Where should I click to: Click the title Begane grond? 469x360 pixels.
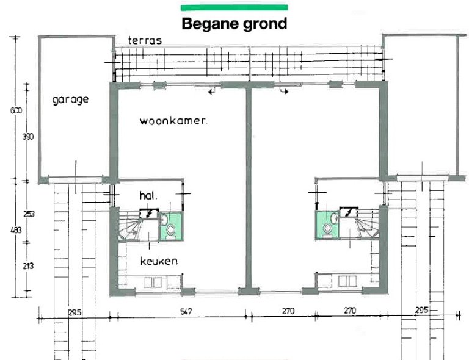234,24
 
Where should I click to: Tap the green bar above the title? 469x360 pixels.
234,7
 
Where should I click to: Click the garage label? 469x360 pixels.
71,99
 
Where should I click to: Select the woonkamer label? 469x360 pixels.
173,121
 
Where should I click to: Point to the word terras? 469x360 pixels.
145,40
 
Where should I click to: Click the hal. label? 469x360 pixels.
148,196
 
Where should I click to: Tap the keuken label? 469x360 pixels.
158,261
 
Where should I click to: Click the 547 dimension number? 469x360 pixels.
186,311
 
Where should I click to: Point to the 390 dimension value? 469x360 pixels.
27,137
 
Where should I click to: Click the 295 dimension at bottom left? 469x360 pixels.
75,312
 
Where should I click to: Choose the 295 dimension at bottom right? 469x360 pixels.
421,311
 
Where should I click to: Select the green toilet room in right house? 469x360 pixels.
327,225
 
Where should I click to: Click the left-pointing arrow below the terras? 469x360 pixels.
211,92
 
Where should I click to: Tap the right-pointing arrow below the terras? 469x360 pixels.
285,92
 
